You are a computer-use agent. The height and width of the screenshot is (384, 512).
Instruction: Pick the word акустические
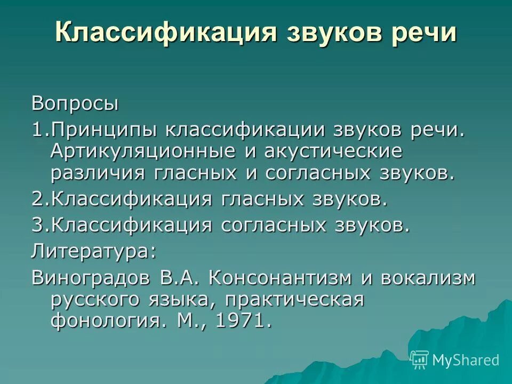click(331, 151)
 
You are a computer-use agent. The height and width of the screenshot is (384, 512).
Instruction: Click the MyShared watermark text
click(466, 360)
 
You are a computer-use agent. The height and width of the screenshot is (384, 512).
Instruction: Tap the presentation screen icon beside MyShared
click(420, 359)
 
